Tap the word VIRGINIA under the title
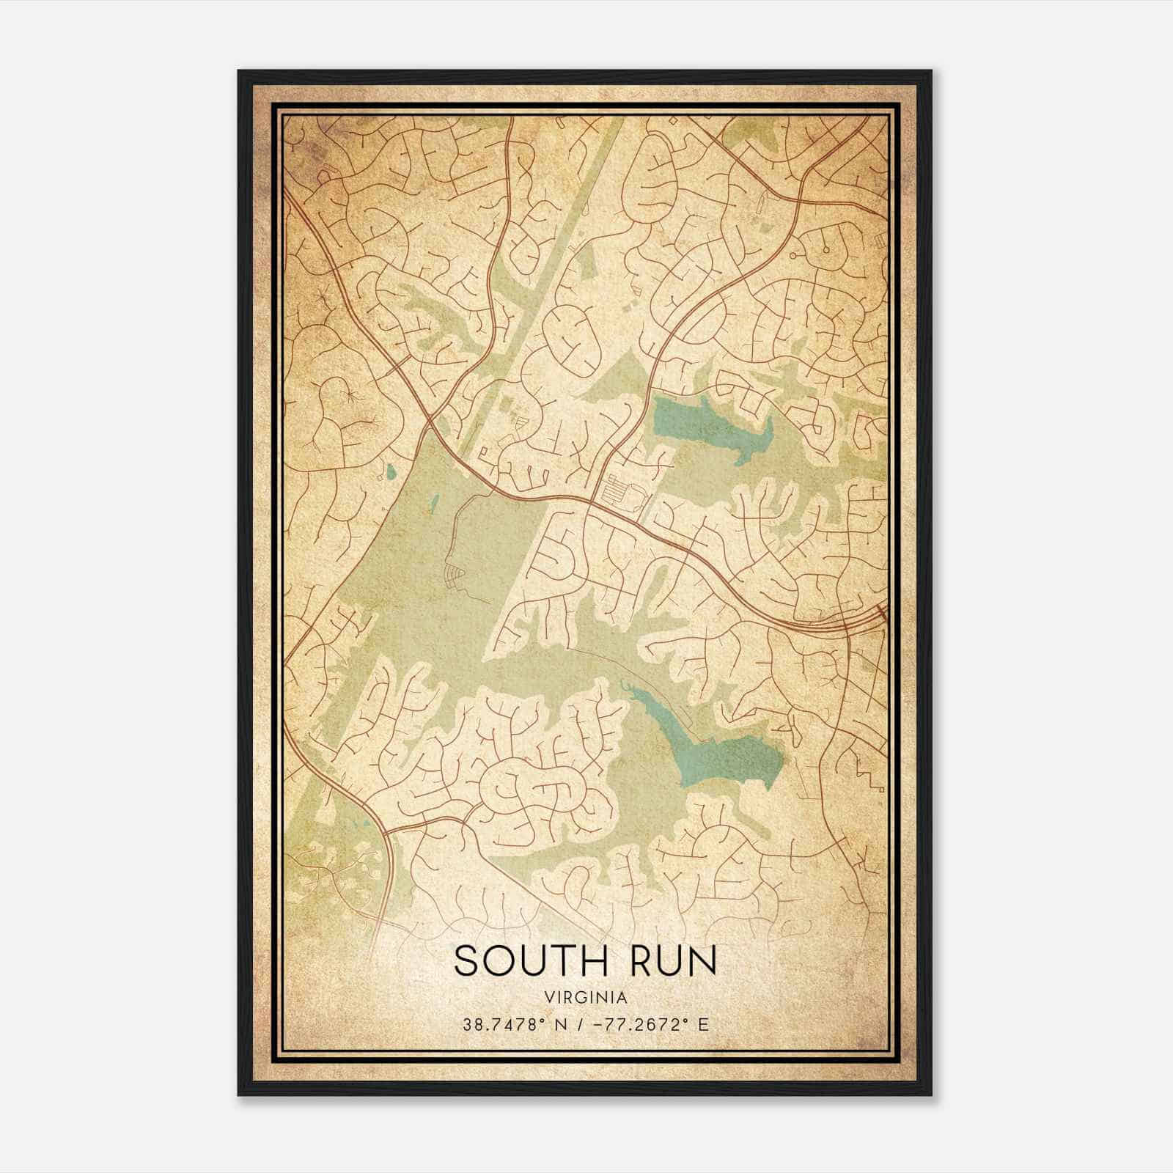coord(586,998)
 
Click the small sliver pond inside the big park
coord(434,504)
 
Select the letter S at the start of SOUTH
coord(467,960)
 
